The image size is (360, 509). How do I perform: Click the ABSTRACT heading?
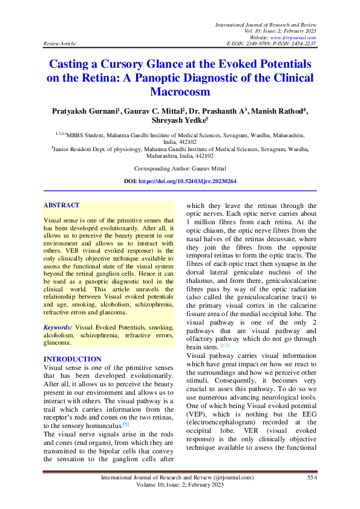click(x=61, y=206)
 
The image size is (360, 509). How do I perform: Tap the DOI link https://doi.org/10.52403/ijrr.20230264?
click(x=187, y=181)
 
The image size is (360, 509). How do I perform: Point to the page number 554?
click(x=312, y=477)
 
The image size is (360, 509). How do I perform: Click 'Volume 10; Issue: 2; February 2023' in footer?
click(x=180, y=485)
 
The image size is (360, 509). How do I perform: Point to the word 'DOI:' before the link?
click(x=130, y=181)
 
